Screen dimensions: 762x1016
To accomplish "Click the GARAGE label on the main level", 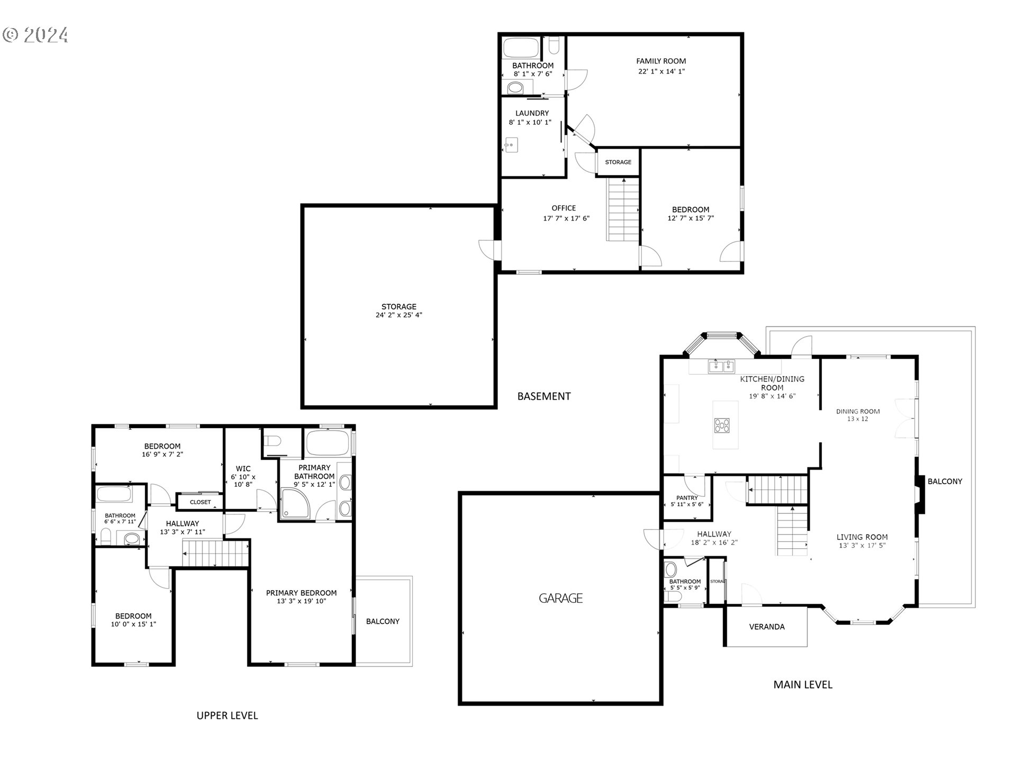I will (560, 598).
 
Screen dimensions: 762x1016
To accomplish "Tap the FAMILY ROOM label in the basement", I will (661, 61).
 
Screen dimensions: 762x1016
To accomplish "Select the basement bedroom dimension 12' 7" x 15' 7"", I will (691, 218).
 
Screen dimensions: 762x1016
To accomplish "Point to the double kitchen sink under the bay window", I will (722, 366).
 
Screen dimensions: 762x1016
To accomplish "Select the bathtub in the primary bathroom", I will (327, 442).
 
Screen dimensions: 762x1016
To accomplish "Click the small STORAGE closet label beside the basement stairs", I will (618, 162).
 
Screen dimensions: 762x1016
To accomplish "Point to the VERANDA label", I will (767, 627).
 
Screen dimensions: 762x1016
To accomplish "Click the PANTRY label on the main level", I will (687, 498).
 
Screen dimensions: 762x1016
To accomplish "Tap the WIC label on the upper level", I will (243, 469).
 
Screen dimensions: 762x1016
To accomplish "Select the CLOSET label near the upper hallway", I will (200, 502).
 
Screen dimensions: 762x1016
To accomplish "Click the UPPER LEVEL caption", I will (227, 716).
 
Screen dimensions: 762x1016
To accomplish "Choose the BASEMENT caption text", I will (544, 396).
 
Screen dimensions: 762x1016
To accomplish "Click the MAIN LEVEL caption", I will (803, 685).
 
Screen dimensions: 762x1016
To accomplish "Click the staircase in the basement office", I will (623, 210).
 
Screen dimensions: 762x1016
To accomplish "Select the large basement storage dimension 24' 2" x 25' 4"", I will (398, 315).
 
